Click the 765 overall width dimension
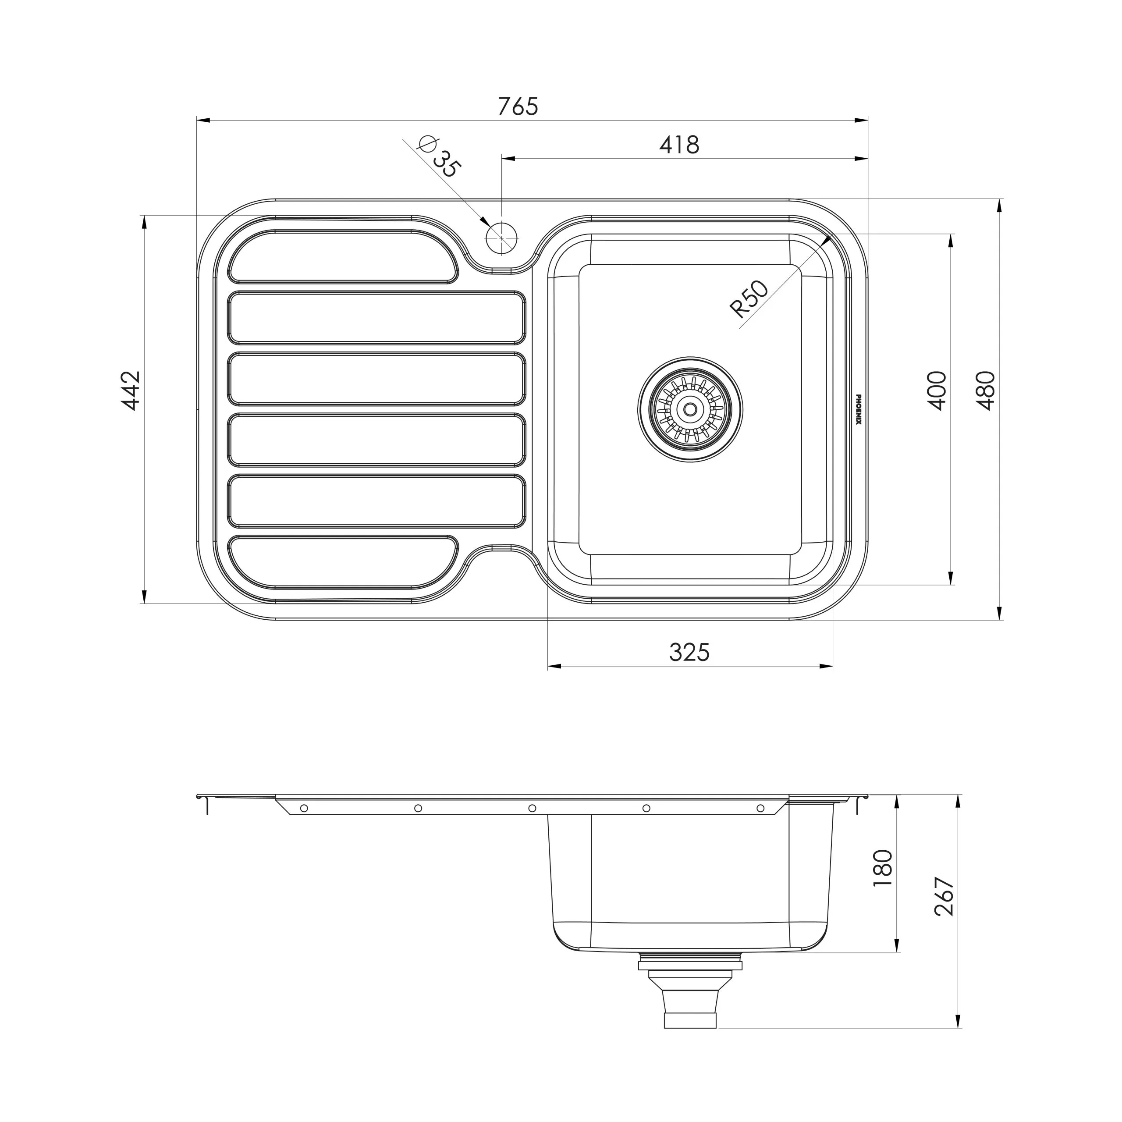click(518, 106)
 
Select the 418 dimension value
click(679, 145)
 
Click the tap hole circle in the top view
click(501, 238)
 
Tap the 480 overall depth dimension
click(986, 391)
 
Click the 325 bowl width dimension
click(689, 652)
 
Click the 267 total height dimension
click(945, 896)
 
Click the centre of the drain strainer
click(690, 409)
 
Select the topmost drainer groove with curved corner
click(343, 257)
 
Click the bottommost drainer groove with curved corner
click(343, 561)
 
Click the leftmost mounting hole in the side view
click(304, 808)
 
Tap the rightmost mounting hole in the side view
click(760, 808)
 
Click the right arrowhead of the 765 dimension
click(861, 120)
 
